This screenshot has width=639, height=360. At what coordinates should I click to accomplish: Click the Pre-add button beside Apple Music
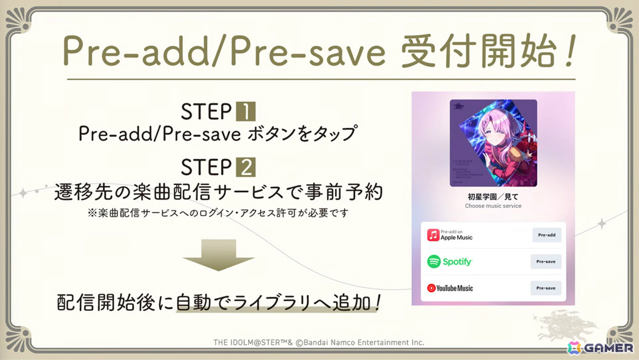[546, 235]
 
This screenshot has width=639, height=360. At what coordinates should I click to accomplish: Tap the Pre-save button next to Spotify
[546, 262]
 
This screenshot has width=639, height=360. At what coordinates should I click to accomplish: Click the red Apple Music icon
[433, 235]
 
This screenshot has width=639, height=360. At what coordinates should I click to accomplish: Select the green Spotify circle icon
[434, 262]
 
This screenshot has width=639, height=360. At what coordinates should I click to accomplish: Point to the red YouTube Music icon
[431, 288]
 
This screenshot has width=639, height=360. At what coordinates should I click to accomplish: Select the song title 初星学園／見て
[492, 197]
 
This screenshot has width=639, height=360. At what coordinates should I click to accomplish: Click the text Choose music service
[492, 206]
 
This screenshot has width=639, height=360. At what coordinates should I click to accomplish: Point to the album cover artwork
[493, 143]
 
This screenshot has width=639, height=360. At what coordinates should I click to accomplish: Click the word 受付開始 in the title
[472, 53]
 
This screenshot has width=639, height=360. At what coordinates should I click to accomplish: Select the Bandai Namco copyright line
[319, 342]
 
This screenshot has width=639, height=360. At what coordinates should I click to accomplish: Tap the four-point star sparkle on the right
[602, 224]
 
